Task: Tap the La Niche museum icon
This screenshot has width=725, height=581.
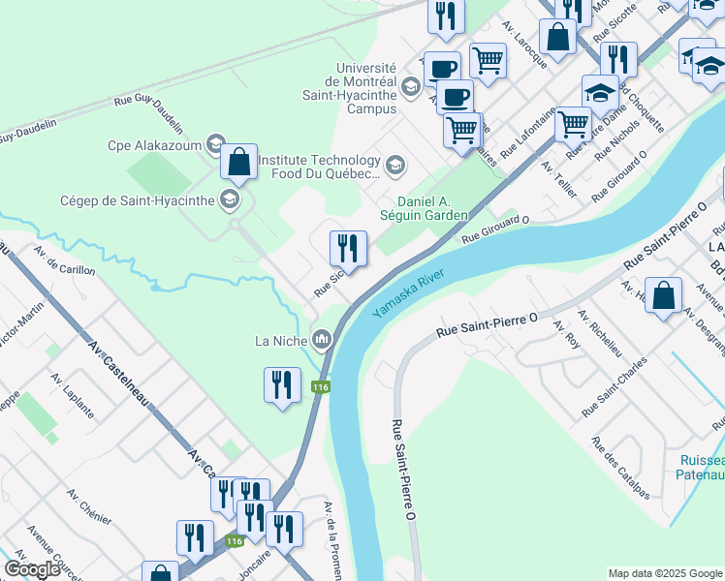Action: pos(322,339)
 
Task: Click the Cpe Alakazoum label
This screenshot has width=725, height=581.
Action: pos(154,145)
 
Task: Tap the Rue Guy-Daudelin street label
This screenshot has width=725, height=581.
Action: pos(148,112)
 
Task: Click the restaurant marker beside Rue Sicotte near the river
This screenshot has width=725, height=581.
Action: pos(348,249)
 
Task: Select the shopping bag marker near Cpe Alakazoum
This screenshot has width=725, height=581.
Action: pos(238,163)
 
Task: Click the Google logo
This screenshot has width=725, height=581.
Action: pos(34,569)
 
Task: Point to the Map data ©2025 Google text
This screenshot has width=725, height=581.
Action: pos(664,573)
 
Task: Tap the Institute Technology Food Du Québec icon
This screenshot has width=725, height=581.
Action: pos(394,166)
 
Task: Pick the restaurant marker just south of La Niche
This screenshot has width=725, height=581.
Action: pos(282,385)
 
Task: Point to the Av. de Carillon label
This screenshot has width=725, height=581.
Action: pos(62,266)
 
